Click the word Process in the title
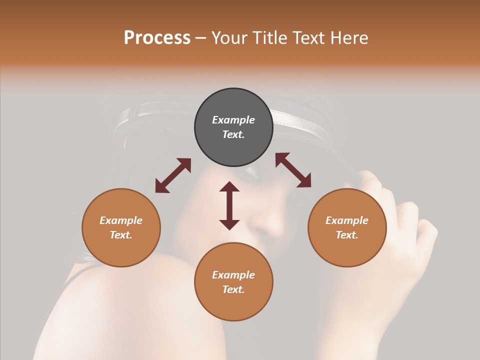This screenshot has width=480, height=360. tap(157, 38)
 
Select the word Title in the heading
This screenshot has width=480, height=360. tap(270, 38)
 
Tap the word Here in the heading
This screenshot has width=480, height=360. tap(348, 38)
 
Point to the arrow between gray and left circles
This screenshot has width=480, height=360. tap(173, 175)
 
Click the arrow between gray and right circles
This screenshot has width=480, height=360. tap(293, 170)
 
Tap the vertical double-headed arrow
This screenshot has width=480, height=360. tap(229, 205)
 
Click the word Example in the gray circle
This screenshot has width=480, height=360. tap(233, 120)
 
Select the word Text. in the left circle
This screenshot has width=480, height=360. tap(121, 235)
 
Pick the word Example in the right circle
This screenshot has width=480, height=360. tap(347, 220)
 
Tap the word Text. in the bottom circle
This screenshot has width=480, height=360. tap(233, 289)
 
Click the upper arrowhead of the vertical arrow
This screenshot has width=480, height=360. tap(229, 187)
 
